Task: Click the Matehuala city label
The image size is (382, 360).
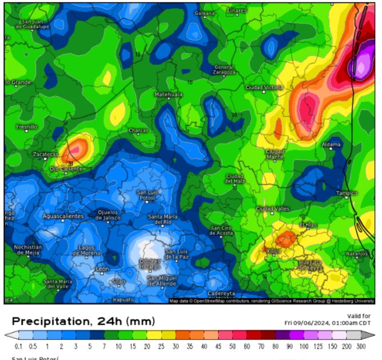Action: click(x=169, y=94)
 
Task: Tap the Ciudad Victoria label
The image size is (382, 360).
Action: click(x=264, y=88)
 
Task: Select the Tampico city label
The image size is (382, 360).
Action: click(x=347, y=193)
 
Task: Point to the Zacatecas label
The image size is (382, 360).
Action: click(x=45, y=155)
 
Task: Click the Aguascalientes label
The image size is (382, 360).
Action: click(x=63, y=216)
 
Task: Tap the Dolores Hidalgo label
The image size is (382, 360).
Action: click(x=149, y=264)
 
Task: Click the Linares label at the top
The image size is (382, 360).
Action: click(x=237, y=10)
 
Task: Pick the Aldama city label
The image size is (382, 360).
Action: click(x=331, y=145)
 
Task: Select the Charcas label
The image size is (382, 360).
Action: click(x=138, y=130)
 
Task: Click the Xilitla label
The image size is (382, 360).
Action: click(x=273, y=251)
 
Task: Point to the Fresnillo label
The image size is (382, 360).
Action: click(x=26, y=126)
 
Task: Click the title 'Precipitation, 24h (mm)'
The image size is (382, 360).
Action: click(x=83, y=321)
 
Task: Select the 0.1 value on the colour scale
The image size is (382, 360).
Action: click(x=19, y=347)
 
